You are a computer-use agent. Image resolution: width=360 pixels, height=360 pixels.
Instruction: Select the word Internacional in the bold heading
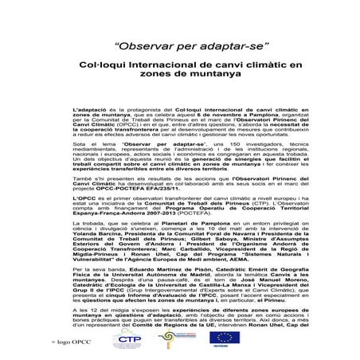coord(160,68)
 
